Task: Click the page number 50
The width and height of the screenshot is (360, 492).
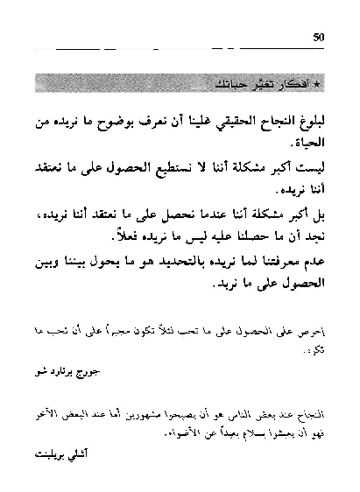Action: [x=318, y=36]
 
